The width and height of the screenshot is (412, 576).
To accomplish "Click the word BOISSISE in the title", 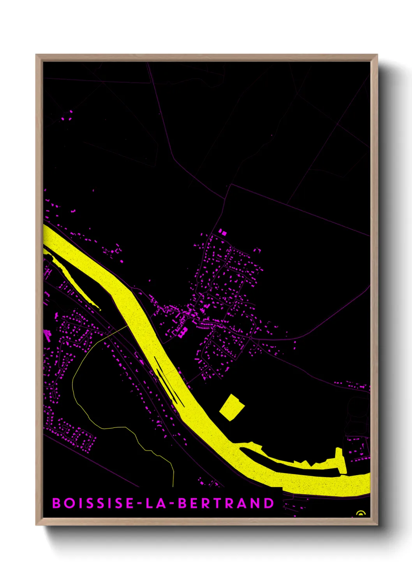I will tap(93, 503).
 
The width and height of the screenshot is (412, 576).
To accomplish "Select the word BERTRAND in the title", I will tap(226, 503).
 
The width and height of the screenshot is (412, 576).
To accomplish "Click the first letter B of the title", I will tap(56, 503).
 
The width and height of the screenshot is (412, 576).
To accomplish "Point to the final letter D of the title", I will tap(269, 503).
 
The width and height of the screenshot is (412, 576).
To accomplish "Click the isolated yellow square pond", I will tap(232, 407).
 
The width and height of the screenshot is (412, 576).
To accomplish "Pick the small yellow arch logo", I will tap(361, 513).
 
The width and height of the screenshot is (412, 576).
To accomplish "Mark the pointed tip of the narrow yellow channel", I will tap(100, 310).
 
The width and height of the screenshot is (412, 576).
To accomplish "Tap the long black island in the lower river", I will tap(288, 463).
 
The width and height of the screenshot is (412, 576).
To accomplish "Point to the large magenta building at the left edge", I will tap(48, 335).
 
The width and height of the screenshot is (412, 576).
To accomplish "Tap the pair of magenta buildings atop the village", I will tap(222, 232).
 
